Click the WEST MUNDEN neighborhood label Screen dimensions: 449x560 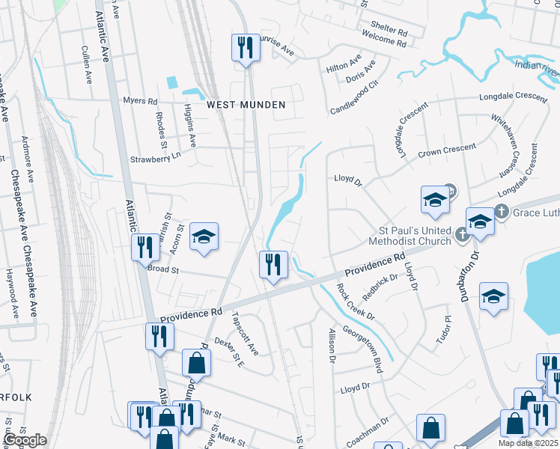coord(246,105)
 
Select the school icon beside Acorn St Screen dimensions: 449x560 coord(203,237)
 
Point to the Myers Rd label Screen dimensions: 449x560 coord(141,101)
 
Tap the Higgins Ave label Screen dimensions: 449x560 coord(189,126)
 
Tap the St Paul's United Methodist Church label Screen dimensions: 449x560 coord(410,236)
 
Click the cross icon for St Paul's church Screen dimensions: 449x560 coord(463,235)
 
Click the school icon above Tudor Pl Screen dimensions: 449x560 coord(493,296)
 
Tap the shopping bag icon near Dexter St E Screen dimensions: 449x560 coord(195,363)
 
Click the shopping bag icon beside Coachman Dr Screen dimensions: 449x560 coord(431,429)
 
